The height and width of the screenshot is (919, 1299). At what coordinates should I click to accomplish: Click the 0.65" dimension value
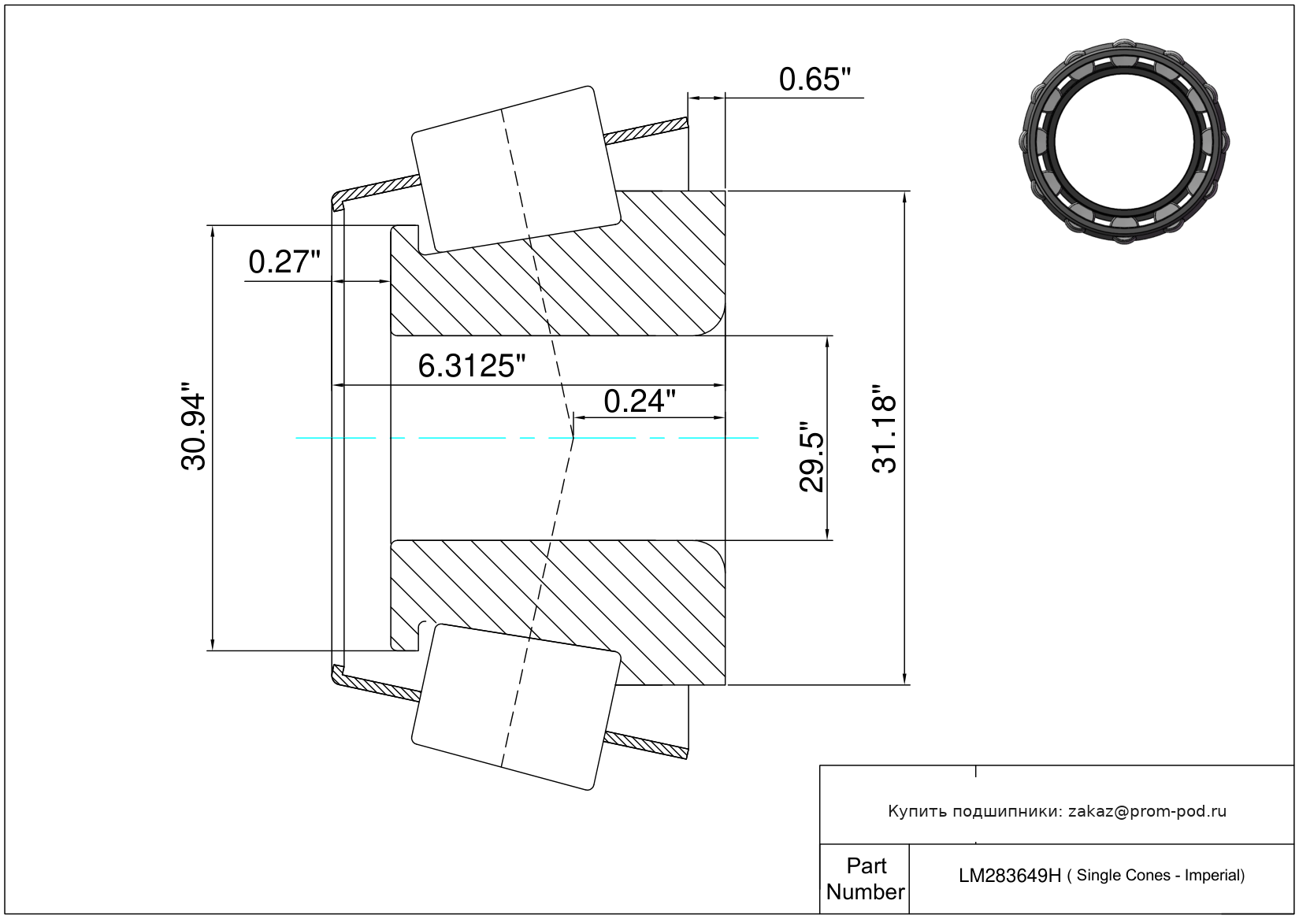click(815, 80)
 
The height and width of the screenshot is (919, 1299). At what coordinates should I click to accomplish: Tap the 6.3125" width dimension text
click(471, 366)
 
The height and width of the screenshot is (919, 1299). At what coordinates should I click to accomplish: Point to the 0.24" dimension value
click(640, 402)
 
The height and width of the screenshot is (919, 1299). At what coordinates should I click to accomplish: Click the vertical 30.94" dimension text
click(193, 426)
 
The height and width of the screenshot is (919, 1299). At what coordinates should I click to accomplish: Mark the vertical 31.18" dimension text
click(884, 428)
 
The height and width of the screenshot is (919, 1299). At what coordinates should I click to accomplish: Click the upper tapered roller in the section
click(516, 169)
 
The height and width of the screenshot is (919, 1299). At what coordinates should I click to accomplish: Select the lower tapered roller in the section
click(516, 707)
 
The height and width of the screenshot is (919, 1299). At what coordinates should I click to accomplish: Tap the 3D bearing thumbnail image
click(1124, 142)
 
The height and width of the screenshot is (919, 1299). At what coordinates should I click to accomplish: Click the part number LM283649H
click(1010, 876)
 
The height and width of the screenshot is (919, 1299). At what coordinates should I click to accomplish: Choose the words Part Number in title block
click(865, 879)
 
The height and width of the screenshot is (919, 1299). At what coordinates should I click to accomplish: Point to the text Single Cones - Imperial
click(1160, 876)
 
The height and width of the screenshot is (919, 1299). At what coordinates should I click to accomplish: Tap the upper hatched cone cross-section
click(558, 264)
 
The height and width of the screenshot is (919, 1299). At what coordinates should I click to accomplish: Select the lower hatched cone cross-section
click(558, 613)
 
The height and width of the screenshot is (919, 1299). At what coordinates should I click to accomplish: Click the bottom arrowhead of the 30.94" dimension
click(212, 644)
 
